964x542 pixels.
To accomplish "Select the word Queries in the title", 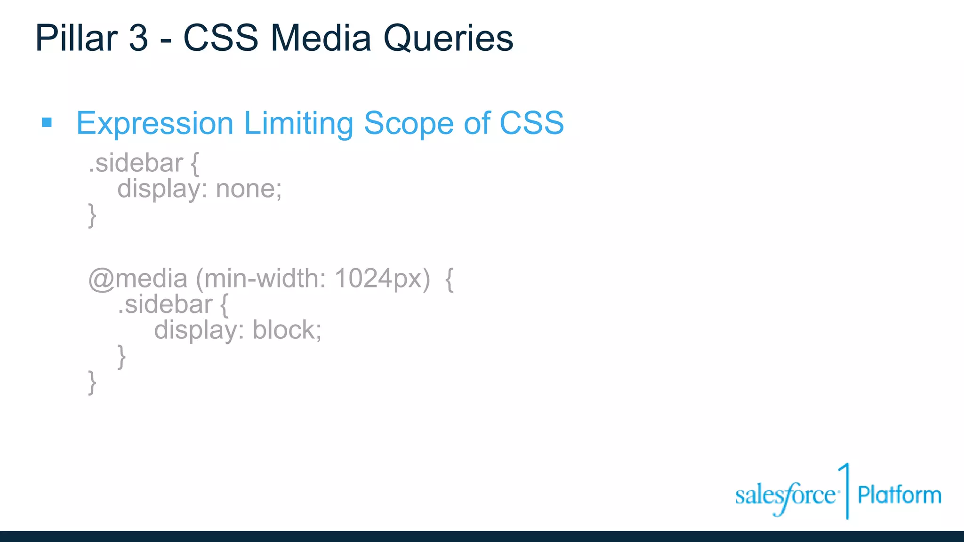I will pos(448,39).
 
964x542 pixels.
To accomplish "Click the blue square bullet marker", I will pos(47,123).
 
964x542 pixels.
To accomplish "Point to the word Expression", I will pos(155,123).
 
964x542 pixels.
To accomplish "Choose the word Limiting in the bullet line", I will pos(298,123).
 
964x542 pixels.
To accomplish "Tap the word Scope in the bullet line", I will pos(409,123).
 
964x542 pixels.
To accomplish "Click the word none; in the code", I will pos(249,189).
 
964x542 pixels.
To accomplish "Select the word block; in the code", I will pos(287,330).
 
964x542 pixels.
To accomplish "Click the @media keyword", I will pos(137,279).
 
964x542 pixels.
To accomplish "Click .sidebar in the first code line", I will pos(136,163).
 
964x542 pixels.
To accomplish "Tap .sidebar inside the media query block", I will pos(165,304).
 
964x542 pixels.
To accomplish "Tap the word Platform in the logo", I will pos(899,495).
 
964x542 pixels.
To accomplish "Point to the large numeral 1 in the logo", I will pos(846,490).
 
